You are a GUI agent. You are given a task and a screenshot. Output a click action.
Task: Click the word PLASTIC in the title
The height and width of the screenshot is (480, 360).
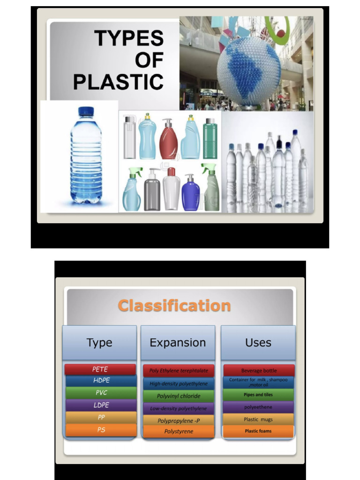[x=118, y=82]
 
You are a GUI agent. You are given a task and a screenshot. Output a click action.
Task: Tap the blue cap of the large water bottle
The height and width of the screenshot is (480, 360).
[x=86, y=112]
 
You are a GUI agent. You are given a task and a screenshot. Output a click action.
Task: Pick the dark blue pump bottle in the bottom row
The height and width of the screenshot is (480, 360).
[x=190, y=193]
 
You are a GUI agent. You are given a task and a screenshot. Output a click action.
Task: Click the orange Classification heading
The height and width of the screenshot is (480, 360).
[x=174, y=306]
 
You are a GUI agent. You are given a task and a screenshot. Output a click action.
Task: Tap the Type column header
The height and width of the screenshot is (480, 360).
[x=99, y=343]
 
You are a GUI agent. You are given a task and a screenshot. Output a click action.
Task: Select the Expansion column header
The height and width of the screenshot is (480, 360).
[x=178, y=343]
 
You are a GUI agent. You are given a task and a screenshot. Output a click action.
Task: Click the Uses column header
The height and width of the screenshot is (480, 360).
[x=258, y=343]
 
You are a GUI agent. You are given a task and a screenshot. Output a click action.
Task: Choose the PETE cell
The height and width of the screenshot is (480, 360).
[x=100, y=369]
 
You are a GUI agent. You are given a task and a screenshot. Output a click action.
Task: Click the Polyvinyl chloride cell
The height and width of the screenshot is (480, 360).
[x=179, y=396]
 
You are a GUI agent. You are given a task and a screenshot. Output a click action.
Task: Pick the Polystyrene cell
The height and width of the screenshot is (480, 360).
[x=179, y=431]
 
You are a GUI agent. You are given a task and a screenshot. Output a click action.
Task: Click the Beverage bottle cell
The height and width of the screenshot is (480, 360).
[x=259, y=370]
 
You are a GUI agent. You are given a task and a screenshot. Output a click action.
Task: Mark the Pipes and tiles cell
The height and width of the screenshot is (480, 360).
[x=258, y=395]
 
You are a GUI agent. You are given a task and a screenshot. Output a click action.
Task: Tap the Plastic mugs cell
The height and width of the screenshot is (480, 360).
[x=258, y=419]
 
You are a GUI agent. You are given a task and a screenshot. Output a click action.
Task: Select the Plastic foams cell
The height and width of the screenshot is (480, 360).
[x=258, y=431]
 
